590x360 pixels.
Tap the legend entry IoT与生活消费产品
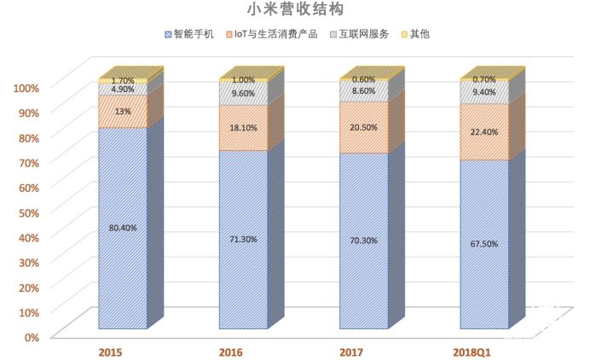(275, 34)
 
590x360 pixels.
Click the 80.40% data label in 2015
(123, 228)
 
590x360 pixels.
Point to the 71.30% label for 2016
(243, 239)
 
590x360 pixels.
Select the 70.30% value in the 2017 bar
(364, 241)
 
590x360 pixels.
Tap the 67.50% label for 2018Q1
(485, 244)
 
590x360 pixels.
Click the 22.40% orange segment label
(485, 131)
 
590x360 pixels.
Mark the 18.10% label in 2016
(243, 128)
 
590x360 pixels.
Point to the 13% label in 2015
(123, 111)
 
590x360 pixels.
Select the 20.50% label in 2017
(364, 127)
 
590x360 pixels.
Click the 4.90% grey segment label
(123, 89)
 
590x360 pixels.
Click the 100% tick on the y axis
(25, 88)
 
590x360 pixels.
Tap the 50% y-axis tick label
(27, 212)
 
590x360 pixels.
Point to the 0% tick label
(31, 337)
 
